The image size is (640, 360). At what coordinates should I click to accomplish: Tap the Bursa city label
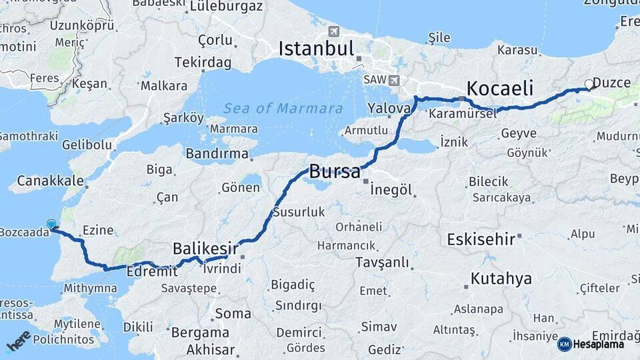tap(335, 171)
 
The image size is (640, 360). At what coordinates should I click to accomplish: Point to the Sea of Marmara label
tap(283, 109)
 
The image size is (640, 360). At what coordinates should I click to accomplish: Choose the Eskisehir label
tap(481, 239)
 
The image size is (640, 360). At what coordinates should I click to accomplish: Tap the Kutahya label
tap(501, 278)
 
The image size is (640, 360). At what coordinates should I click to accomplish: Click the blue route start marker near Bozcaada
tap(51, 225)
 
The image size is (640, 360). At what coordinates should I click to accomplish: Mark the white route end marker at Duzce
tap(589, 84)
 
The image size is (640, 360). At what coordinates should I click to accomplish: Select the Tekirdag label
tap(203, 63)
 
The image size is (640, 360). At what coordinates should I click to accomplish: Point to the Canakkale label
tap(51, 181)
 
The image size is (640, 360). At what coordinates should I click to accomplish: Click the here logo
tap(18, 341)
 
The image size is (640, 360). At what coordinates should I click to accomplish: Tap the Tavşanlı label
tap(382, 263)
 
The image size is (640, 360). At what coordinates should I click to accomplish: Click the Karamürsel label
tap(463, 114)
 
